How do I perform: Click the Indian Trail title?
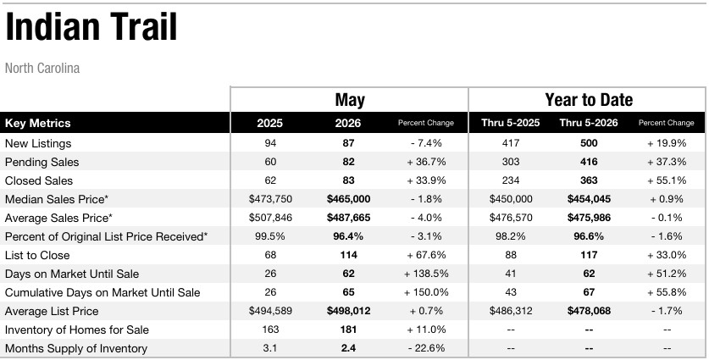(91, 27)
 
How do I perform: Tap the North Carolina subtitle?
(42, 69)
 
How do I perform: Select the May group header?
(350, 100)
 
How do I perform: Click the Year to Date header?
(588, 99)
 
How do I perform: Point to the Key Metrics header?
(37, 123)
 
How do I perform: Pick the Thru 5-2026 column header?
(588, 123)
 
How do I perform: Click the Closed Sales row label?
(39, 181)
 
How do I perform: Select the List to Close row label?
(37, 256)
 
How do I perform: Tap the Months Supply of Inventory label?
(76, 349)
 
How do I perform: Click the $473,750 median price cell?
(270, 199)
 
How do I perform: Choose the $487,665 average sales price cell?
(349, 218)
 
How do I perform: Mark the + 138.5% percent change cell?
(426, 274)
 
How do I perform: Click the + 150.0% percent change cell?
(426, 292)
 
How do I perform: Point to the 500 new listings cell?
(589, 143)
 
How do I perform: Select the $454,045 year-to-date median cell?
(589, 199)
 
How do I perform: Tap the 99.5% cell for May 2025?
(270, 236)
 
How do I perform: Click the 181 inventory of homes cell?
(349, 330)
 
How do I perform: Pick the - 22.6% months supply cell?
(426, 348)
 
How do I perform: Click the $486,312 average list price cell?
(511, 311)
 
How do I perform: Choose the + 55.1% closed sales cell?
(667, 180)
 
